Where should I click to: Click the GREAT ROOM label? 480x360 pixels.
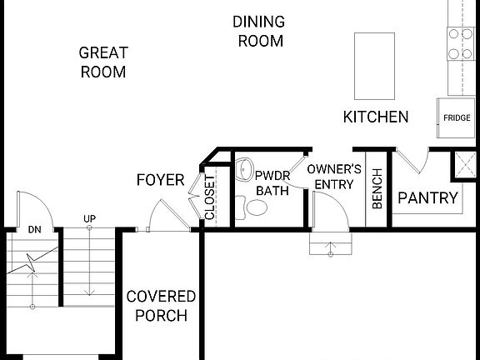click(x=102, y=62)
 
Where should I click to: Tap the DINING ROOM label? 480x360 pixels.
click(x=260, y=31)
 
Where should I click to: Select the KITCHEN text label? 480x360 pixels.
click(x=376, y=117)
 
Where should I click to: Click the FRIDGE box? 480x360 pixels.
click(x=456, y=117)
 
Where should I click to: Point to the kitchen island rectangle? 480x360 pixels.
click(x=374, y=66)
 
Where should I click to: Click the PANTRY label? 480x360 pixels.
click(x=427, y=198)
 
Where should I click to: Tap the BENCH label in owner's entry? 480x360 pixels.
click(x=377, y=193)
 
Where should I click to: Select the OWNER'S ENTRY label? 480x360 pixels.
click(x=333, y=177)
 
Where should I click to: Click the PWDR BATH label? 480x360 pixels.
click(x=272, y=183)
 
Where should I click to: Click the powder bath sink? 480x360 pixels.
click(x=245, y=171)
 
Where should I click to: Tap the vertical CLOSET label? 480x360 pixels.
click(x=210, y=198)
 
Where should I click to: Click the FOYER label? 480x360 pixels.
click(x=161, y=181)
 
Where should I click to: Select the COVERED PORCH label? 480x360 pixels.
click(x=161, y=306)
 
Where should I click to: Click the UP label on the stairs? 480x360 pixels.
click(x=89, y=218)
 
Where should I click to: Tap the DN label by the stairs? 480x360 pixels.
click(x=34, y=229)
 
